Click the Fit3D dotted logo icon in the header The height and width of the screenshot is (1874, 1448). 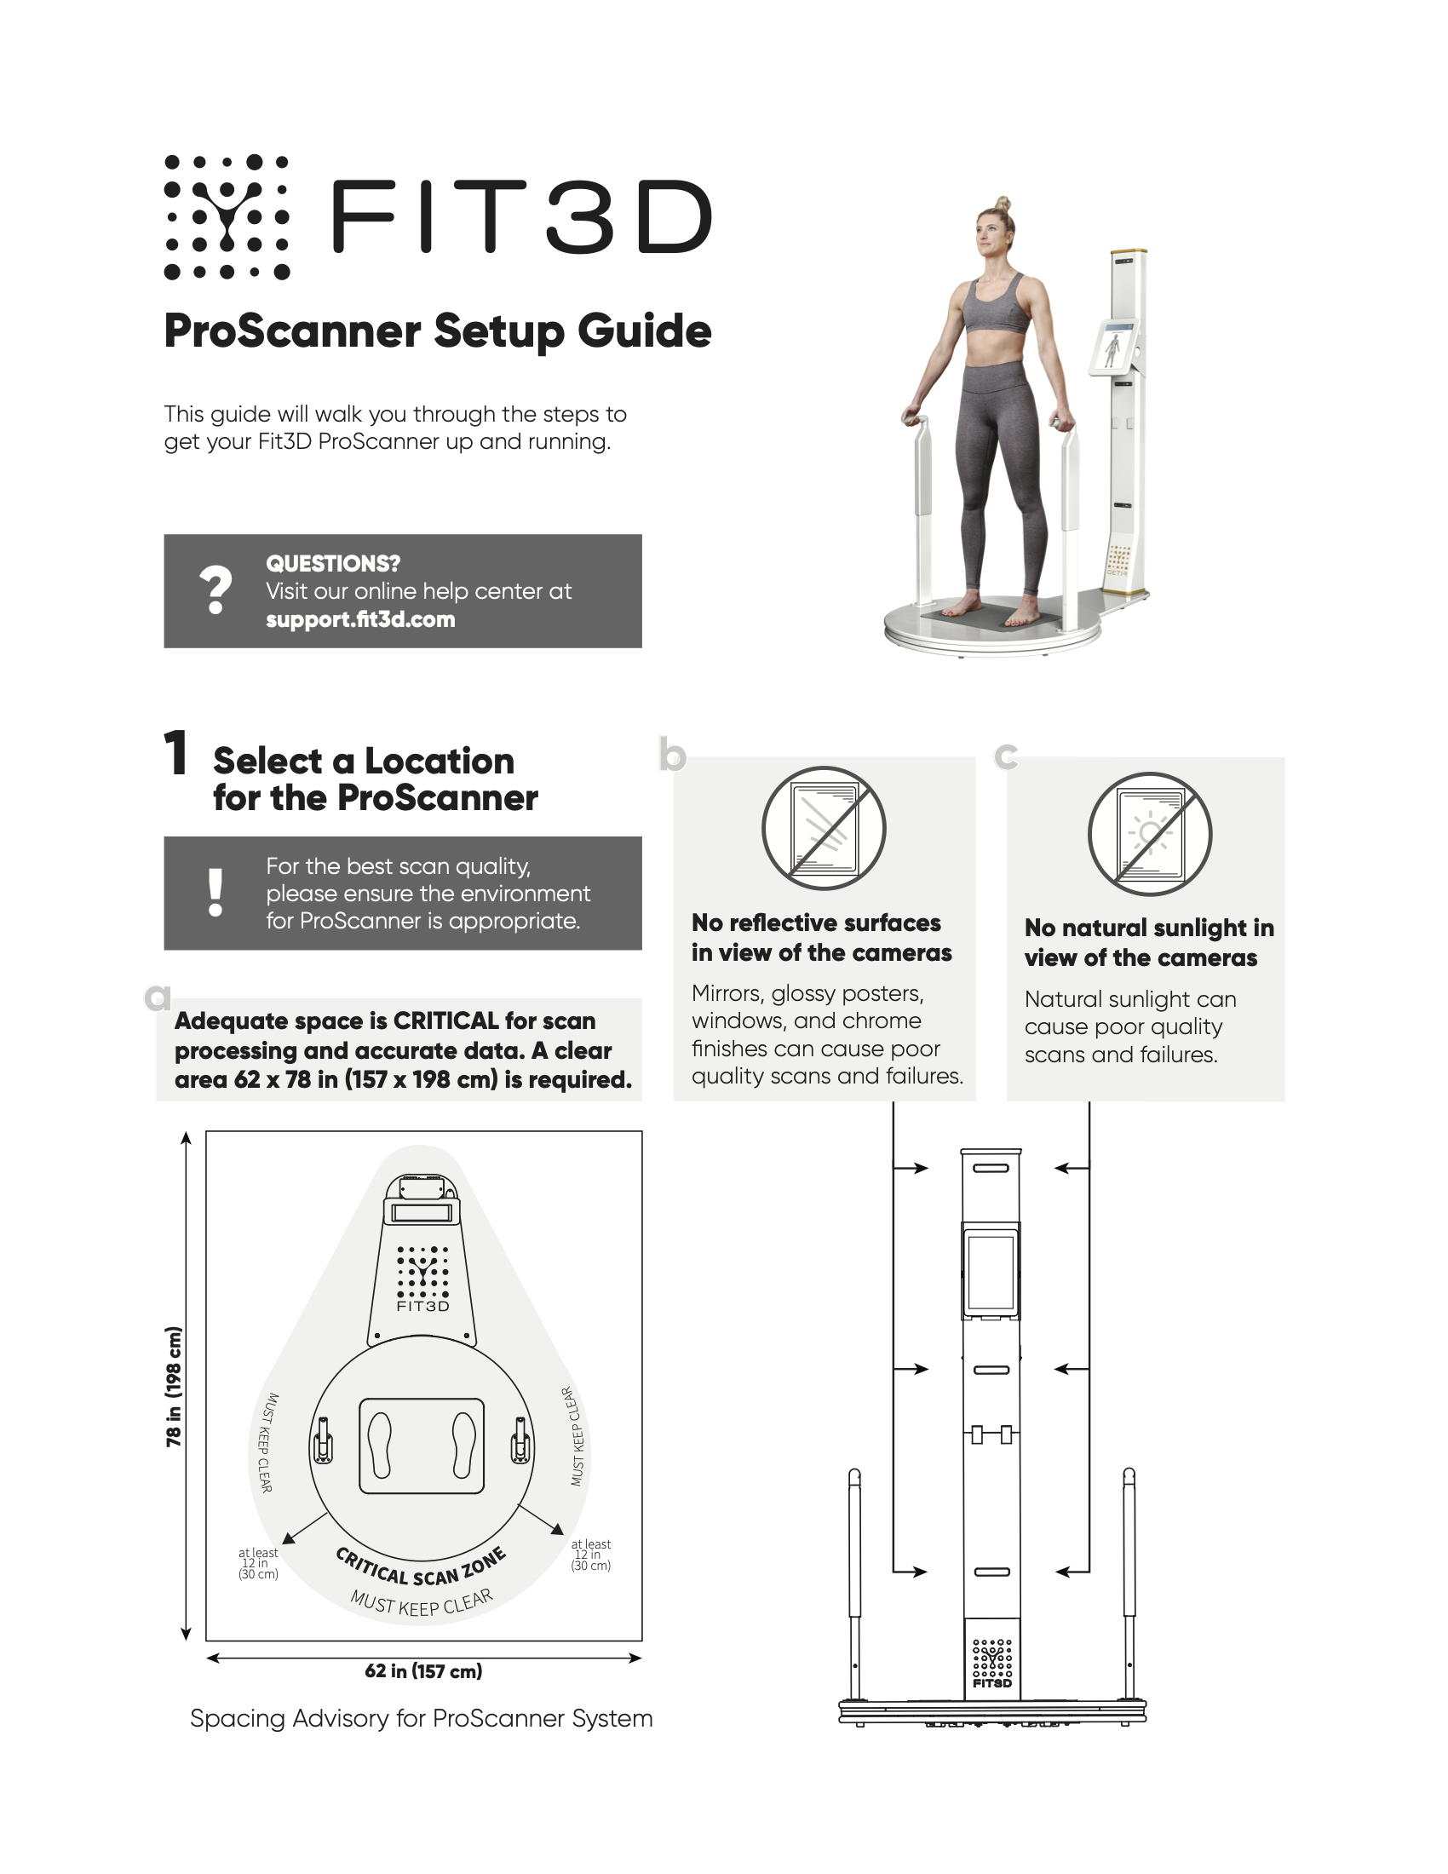tap(227, 217)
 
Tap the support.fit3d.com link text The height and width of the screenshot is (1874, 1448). tap(360, 619)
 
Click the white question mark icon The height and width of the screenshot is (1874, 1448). tap(215, 590)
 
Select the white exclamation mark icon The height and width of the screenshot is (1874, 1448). tap(215, 893)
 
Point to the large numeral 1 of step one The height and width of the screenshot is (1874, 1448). tap(175, 753)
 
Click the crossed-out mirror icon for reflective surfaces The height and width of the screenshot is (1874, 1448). tap(824, 828)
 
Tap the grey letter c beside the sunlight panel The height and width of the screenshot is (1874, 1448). tap(1006, 756)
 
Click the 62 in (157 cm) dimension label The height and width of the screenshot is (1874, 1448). tap(424, 1670)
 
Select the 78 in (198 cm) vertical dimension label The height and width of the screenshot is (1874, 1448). tap(174, 1387)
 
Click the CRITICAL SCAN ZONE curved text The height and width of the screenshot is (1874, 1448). tap(420, 1568)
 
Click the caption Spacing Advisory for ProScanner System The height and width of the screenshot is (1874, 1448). tap(421, 1719)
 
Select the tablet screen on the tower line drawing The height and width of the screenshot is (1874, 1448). tap(991, 1273)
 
